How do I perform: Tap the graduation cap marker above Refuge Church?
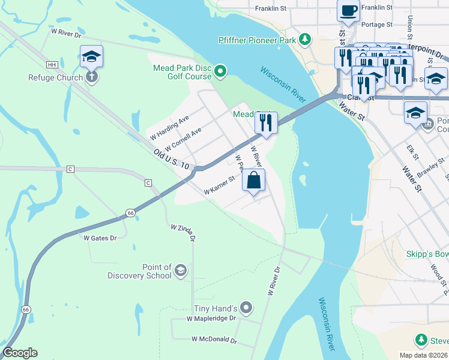click(x=91, y=56)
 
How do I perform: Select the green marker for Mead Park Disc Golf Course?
click(x=220, y=72)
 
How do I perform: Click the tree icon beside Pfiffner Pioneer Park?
click(x=306, y=40)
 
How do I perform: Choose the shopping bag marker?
click(x=253, y=179)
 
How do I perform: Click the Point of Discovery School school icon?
click(x=180, y=271)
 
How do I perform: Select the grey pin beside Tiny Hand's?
click(x=246, y=308)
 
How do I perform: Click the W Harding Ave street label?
click(x=170, y=126)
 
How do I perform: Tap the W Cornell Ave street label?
click(x=183, y=139)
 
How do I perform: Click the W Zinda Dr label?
click(x=184, y=233)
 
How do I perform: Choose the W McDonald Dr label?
click(x=214, y=340)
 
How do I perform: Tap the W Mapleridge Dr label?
click(x=212, y=319)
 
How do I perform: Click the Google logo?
click(x=20, y=353)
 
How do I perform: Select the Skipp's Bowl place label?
click(x=427, y=254)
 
